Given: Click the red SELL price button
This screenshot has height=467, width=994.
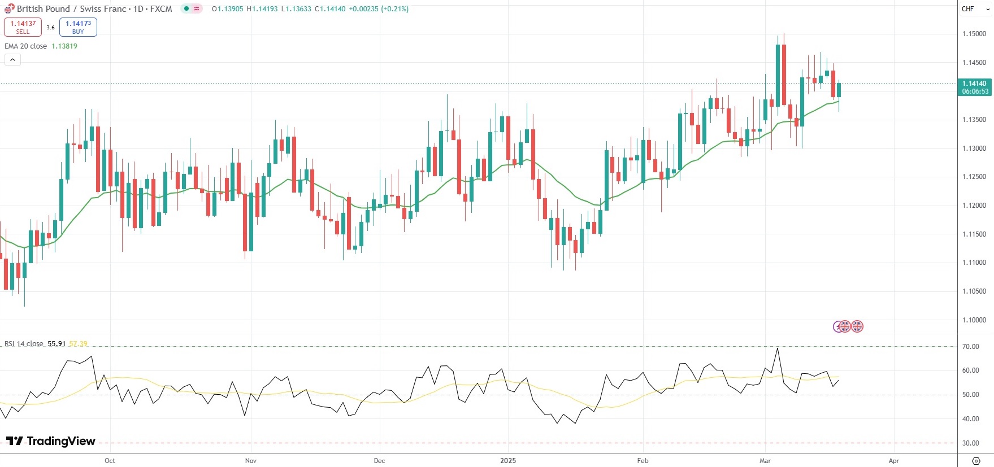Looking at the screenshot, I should point(23,27).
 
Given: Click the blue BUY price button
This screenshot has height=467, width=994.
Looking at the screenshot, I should point(78,27).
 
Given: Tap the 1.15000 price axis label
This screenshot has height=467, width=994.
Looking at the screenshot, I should point(974,34).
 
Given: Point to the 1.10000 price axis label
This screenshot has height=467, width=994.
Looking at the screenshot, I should point(974,320).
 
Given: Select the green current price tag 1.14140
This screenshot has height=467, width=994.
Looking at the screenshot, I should point(975,87).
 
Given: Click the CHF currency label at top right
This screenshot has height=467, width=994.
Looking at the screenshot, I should point(968,9).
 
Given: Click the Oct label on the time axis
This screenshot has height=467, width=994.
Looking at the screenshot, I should point(110,461).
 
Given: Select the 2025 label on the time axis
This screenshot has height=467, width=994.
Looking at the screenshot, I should point(508,461).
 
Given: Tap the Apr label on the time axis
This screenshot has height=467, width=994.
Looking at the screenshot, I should point(893,461).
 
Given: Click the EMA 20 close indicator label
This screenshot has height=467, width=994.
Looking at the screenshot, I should point(26,46).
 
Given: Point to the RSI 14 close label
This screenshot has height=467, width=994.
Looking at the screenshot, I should point(24,344).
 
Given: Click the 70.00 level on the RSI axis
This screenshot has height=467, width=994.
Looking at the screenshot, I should point(971,347).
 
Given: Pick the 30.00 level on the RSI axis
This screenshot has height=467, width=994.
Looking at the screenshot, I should point(971,443).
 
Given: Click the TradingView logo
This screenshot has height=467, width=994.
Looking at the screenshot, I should point(51,441).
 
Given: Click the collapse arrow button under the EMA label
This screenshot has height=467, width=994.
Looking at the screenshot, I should point(12,59).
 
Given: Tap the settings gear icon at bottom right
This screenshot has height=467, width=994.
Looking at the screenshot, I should point(976,461).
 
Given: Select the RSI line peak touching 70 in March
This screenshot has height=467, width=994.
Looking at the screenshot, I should point(778,348).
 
